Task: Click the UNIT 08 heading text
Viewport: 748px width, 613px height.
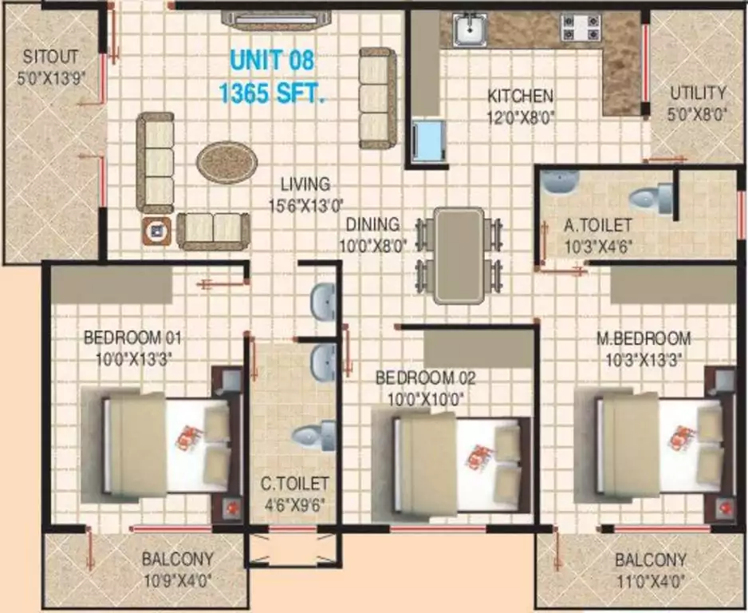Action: tap(273, 61)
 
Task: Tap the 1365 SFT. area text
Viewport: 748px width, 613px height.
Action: tap(272, 93)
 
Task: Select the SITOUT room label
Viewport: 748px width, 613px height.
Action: tap(50, 57)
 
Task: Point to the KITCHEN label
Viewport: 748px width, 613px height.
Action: tap(521, 96)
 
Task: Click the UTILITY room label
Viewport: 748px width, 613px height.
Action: tap(698, 93)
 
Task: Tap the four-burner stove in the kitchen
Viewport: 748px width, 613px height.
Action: tap(581, 27)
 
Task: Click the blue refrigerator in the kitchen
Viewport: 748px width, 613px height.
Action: tap(429, 140)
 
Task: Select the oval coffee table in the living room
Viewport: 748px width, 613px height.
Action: tap(227, 162)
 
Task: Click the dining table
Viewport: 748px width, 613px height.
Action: tap(459, 255)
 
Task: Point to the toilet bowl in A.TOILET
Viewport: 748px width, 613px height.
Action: tap(651, 198)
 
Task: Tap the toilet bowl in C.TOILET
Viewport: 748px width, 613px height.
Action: tap(313, 435)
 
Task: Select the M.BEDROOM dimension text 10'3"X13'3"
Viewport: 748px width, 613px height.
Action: tap(644, 359)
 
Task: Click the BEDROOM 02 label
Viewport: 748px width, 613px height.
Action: tap(426, 378)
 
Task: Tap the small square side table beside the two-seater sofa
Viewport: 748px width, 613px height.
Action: tap(156, 231)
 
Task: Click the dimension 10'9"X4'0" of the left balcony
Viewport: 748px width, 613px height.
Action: tap(178, 581)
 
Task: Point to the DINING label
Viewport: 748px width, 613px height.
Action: tap(372, 224)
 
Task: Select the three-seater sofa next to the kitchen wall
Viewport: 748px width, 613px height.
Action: tap(378, 98)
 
